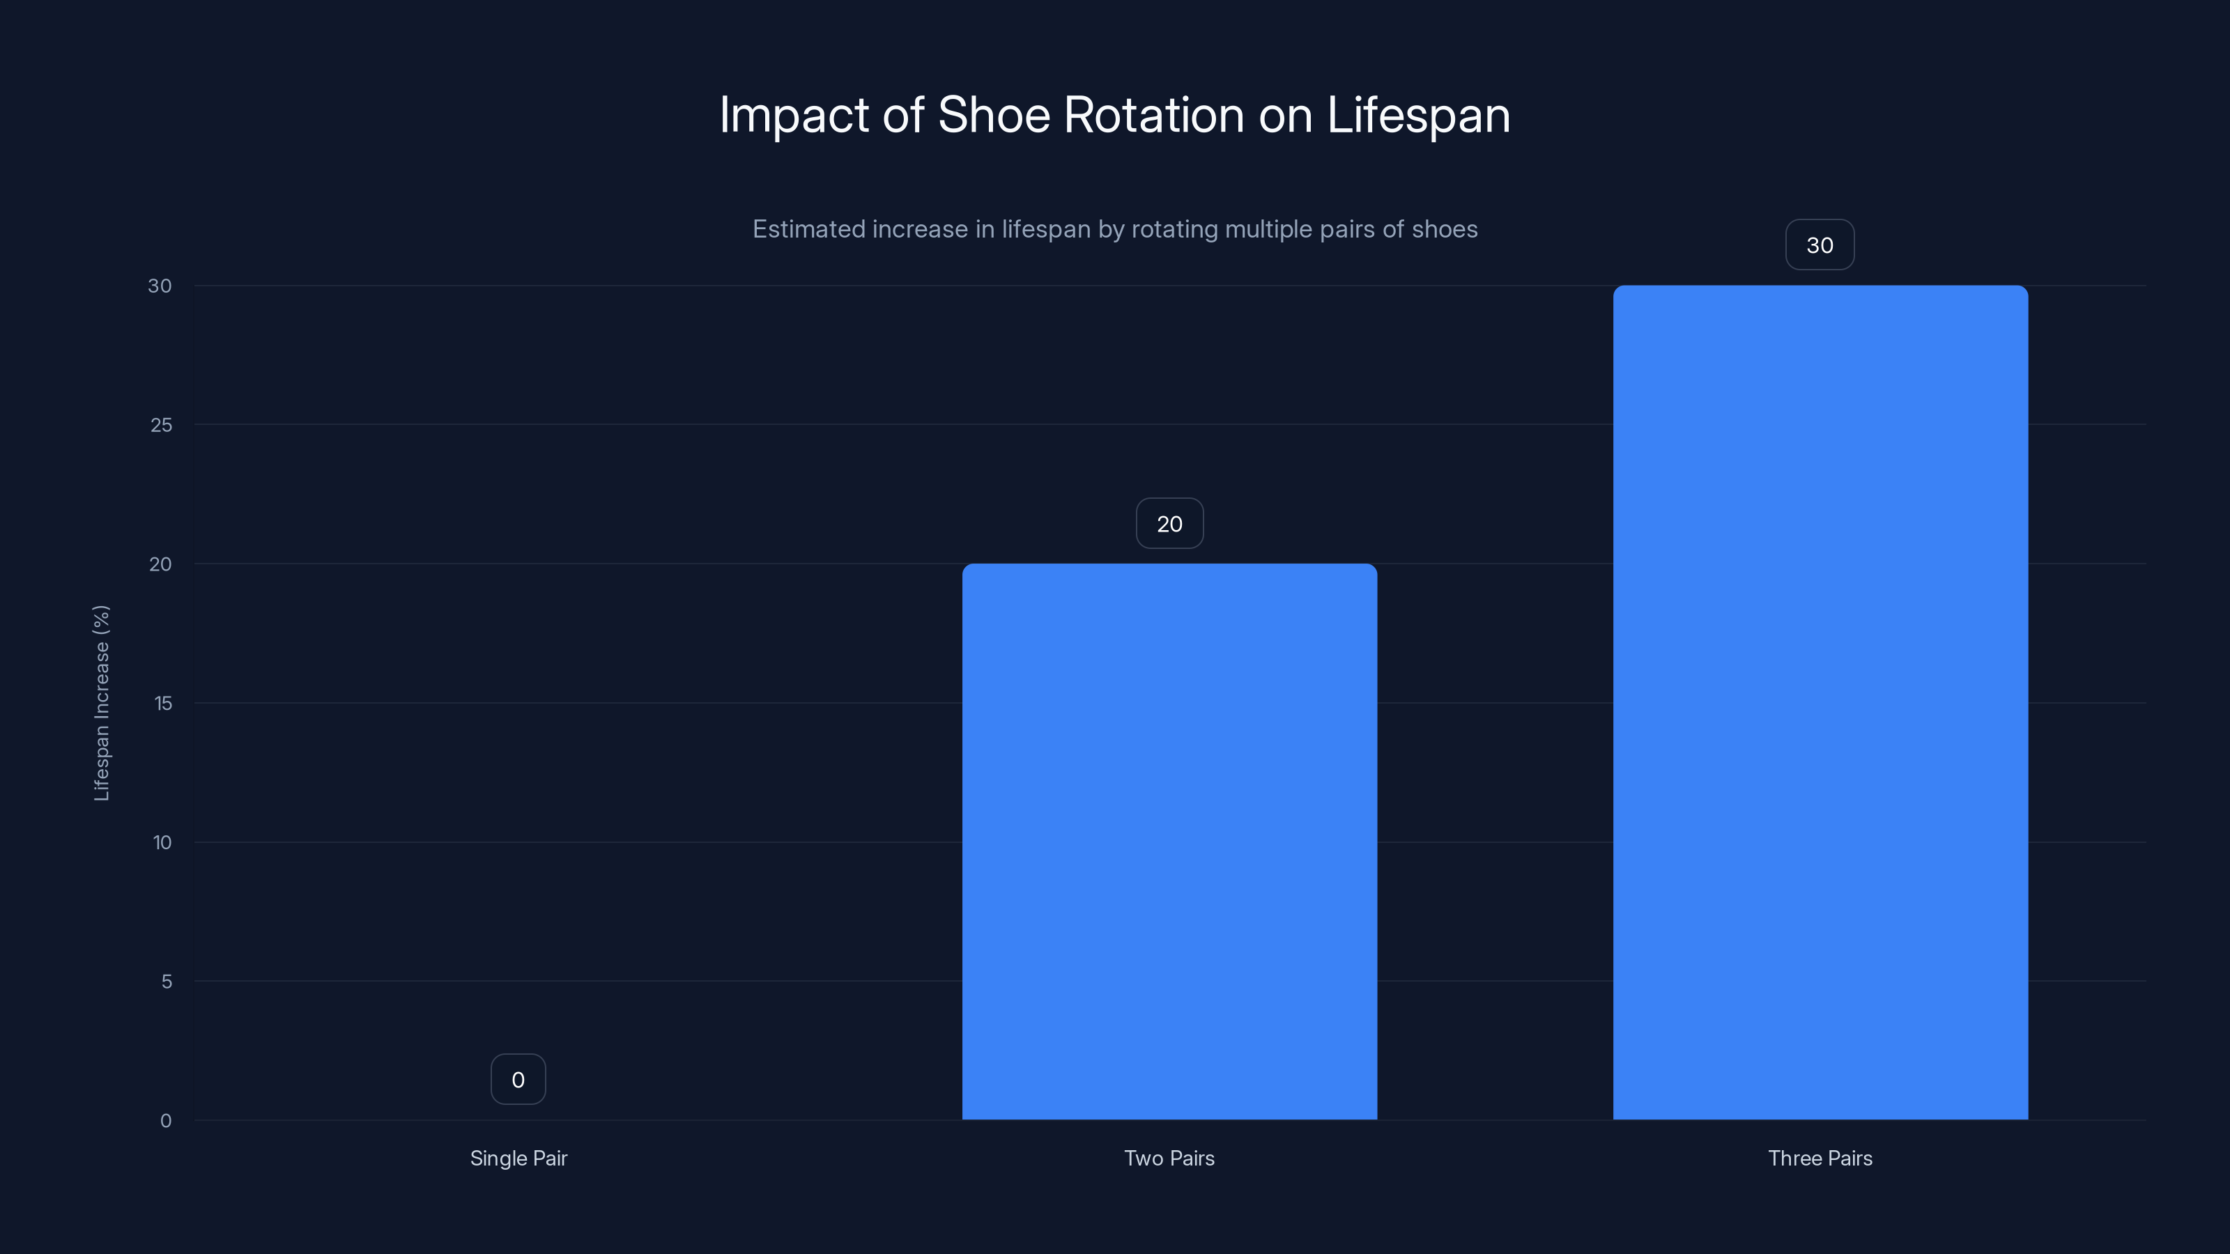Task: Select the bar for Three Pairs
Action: tap(1820, 702)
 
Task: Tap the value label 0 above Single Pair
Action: tap(518, 1079)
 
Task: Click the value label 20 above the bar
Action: tap(1169, 524)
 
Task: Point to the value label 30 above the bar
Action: tap(1820, 245)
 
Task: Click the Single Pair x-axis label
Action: tap(518, 1158)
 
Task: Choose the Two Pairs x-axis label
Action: tap(1169, 1158)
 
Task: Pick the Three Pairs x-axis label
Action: tap(1820, 1158)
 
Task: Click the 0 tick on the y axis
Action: tap(165, 1121)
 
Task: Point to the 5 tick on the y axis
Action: tap(167, 982)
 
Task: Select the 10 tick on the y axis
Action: tap(162, 842)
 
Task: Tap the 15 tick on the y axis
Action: tap(163, 703)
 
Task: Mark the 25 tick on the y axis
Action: tap(161, 425)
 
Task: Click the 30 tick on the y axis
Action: tap(160, 286)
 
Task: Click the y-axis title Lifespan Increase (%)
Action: tap(101, 703)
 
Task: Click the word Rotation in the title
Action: tap(1153, 115)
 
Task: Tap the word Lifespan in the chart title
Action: tap(1418, 115)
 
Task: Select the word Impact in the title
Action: tap(794, 115)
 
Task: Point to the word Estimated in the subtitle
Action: tap(808, 229)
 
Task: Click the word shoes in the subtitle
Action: tap(1445, 229)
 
